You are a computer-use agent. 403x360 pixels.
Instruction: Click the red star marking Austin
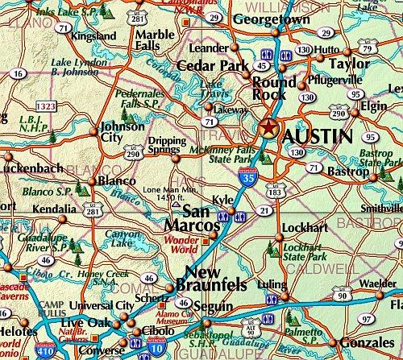tap(269, 126)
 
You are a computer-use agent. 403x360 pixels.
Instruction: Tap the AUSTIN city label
tap(318, 136)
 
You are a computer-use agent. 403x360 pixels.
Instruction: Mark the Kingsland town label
tap(93, 36)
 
